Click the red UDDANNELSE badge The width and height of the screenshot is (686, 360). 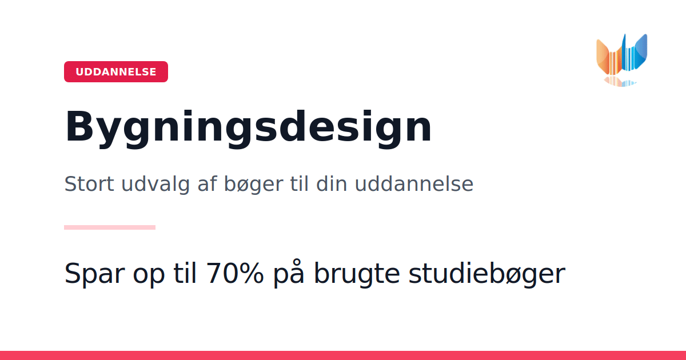[x=115, y=71]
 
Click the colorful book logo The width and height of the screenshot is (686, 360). [x=622, y=60]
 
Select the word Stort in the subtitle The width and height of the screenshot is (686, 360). [x=89, y=184]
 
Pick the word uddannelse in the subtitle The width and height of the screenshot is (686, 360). [x=414, y=183]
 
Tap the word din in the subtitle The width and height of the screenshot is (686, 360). [x=332, y=183]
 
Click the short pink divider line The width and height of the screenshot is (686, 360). [x=110, y=227]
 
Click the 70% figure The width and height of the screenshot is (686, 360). [x=234, y=273]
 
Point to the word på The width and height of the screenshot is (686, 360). [x=289, y=273]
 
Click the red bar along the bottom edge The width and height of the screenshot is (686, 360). [x=343, y=355]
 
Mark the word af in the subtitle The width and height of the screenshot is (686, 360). [x=208, y=183]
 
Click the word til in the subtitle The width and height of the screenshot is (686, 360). [x=299, y=183]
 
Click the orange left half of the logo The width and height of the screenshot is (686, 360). [x=609, y=58]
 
